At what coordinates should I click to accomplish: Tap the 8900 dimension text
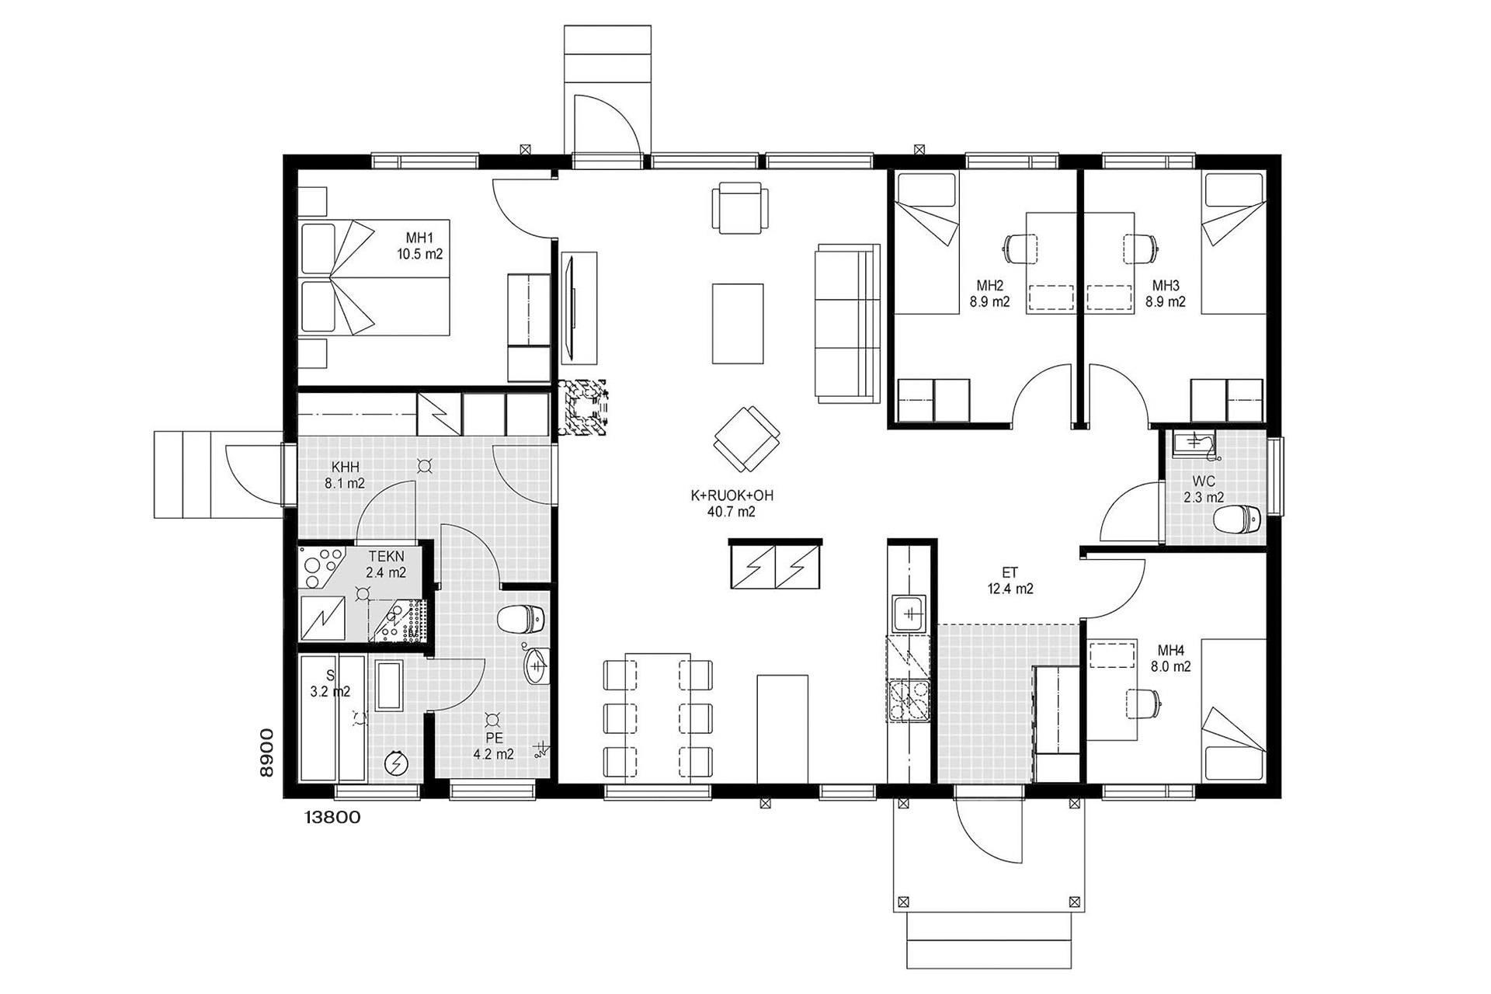(x=266, y=752)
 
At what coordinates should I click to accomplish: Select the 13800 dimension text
(x=332, y=817)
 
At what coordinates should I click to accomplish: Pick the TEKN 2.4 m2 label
(x=386, y=565)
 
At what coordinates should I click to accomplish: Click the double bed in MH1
(x=375, y=277)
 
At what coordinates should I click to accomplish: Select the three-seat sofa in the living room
(x=847, y=323)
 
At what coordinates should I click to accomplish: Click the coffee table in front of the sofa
(x=738, y=323)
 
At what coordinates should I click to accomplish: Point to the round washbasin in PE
(x=537, y=666)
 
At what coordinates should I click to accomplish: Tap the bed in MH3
(x=1233, y=243)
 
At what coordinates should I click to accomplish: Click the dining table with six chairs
(x=658, y=717)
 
